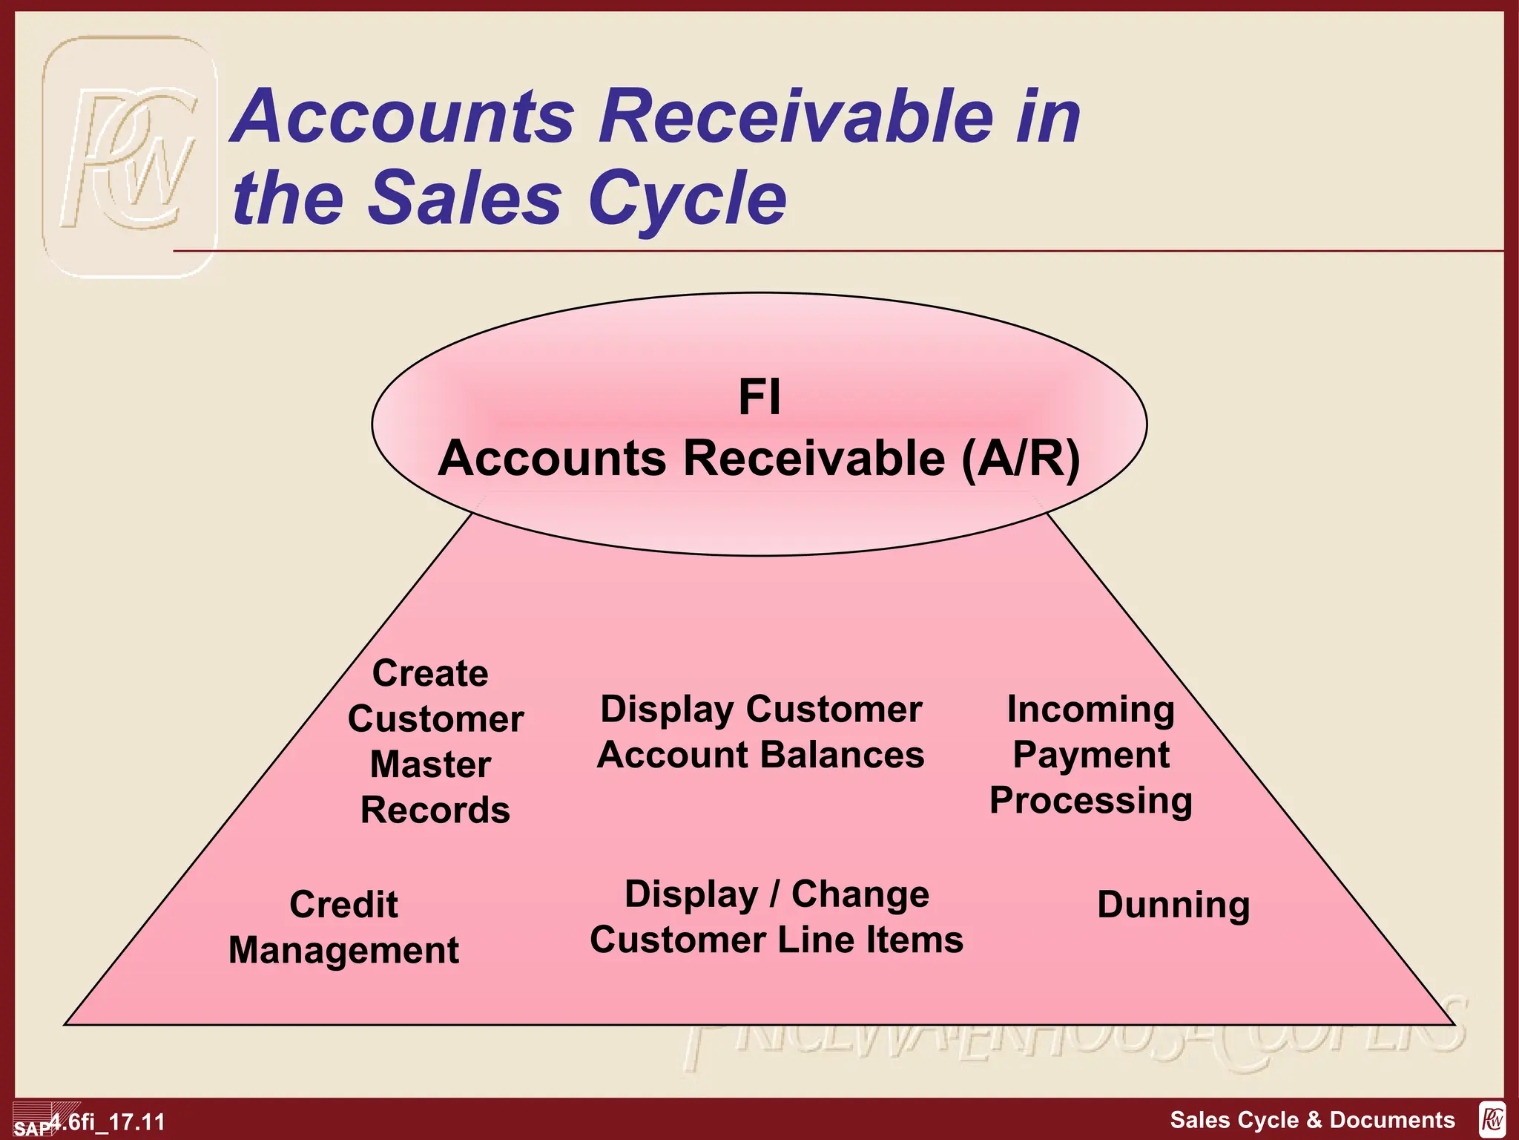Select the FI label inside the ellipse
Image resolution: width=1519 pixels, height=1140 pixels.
pyautogui.click(x=759, y=397)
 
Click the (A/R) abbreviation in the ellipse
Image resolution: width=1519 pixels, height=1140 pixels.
pyautogui.click(x=1021, y=458)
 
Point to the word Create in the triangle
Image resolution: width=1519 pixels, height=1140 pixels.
pyautogui.click(x=430, y=673)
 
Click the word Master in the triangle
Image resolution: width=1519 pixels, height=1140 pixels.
pyautogui.click(x=430, y=764)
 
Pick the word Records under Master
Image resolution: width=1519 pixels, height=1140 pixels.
pyautogui.click(x=435, y=810)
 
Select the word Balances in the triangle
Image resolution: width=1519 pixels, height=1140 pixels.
pyautogui.click(x=843, y=755)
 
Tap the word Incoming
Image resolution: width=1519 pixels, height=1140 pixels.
pyautogui.click(x=1090, y=710)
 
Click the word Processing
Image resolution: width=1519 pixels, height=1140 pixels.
pyautogui.click(x=1091, y=801)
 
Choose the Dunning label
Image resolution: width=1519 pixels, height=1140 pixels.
pyautogui.click(x=1173, y=905)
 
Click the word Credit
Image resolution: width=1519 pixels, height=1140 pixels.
pyautogui.click(x=343, y=905)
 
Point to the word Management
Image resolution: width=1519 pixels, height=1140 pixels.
pyautogui.click(x=343, y=951)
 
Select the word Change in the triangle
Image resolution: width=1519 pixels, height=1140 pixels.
pyautogui.click(x=860, y=894)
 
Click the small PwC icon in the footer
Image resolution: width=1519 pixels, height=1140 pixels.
pyautogui.click(x=1492, y=1119)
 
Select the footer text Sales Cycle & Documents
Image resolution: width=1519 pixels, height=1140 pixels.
pyautogui.click(x=1312, y=1119)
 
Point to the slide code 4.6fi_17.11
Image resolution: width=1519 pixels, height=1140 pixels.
pyautogui.click(x=108, y=1121)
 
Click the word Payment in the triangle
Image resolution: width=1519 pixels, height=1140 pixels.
pyautogui.click(x=1091, y=755)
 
